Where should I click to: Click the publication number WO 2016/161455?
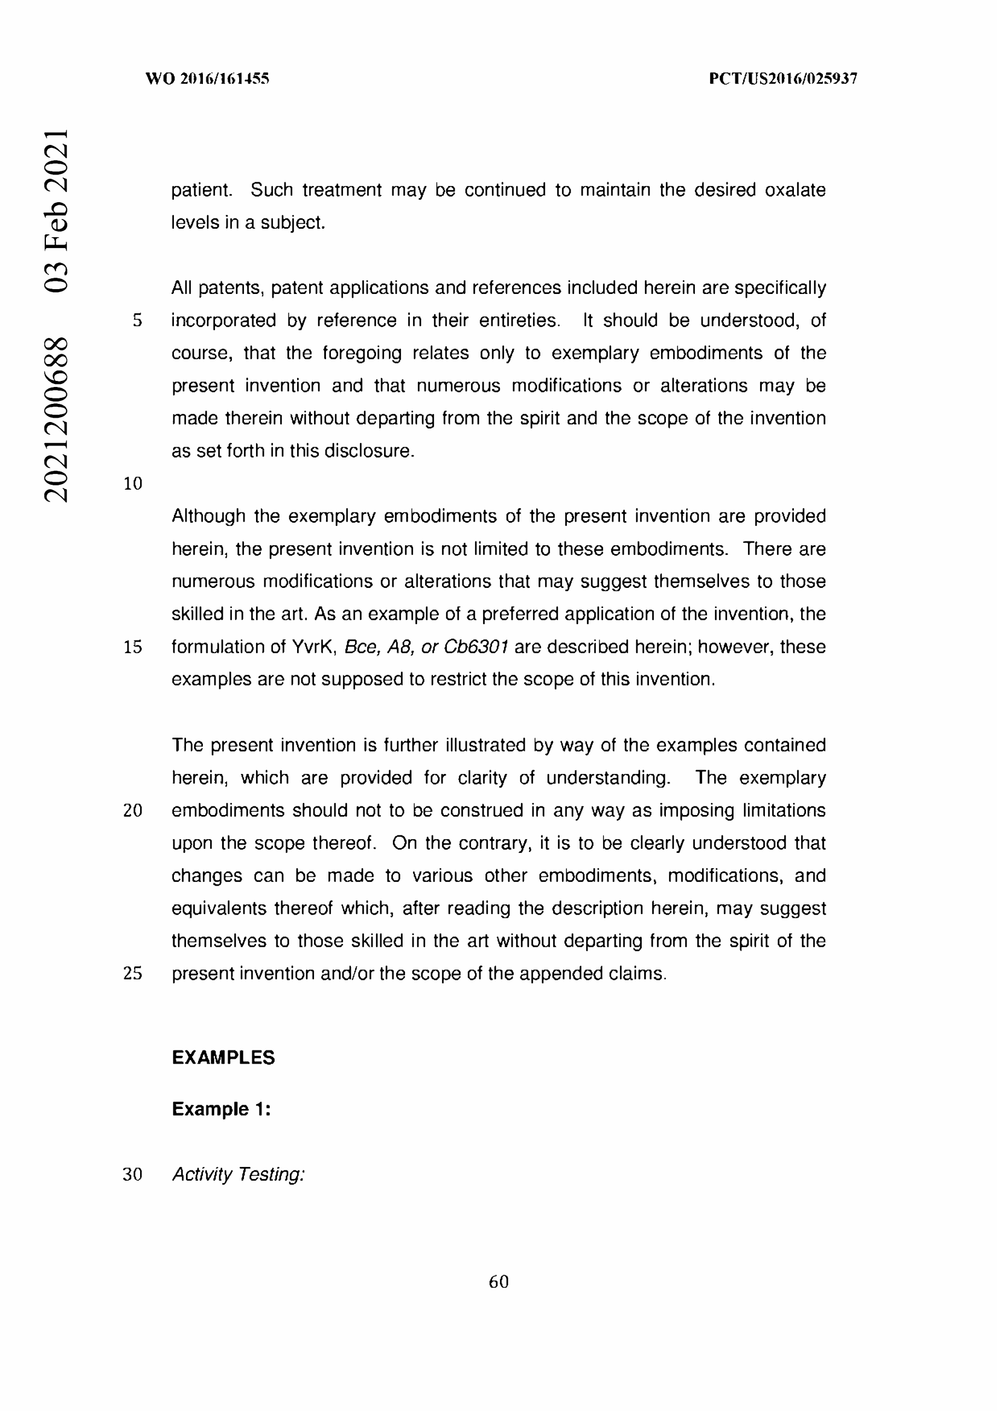tap(207, 78)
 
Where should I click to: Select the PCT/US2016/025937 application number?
tap(783, 78)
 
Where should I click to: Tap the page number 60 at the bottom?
tap(499, 1282)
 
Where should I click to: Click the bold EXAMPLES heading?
tap(223, 1058)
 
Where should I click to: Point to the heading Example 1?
tap(222, 1109)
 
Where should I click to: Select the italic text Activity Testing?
tap(238, 1175)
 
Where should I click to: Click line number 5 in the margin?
tap(137, 321)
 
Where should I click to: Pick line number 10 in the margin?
tap(133, 484)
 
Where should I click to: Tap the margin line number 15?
tap(133, 647)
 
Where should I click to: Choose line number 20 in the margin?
tap(133, 811)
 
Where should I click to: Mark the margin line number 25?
tap(133, 974)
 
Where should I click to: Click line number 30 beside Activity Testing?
tap(133, 1175)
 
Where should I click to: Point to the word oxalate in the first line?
tap(795, 190)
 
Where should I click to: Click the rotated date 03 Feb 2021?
tap(56, 210)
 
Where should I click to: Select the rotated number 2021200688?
tap(56, 419)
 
